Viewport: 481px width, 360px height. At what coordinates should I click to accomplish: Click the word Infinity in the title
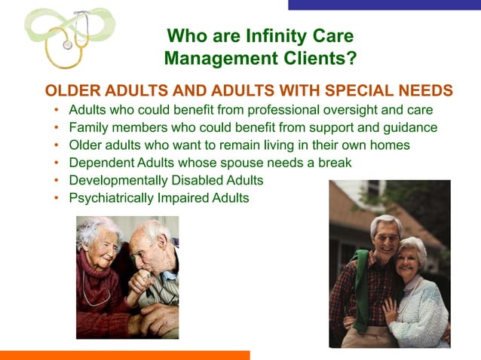click(283, 35)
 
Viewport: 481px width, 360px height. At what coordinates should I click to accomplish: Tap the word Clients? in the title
click(321, 57)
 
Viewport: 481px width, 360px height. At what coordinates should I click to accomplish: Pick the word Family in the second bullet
click(88, 127)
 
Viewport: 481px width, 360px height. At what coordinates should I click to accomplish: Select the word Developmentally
click(118, 181)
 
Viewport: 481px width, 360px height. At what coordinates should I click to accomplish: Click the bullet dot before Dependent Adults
click(57, 163)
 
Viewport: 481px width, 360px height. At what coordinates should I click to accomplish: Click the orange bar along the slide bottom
click(124, 355)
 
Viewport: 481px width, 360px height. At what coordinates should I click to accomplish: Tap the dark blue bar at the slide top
click(384, 5)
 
